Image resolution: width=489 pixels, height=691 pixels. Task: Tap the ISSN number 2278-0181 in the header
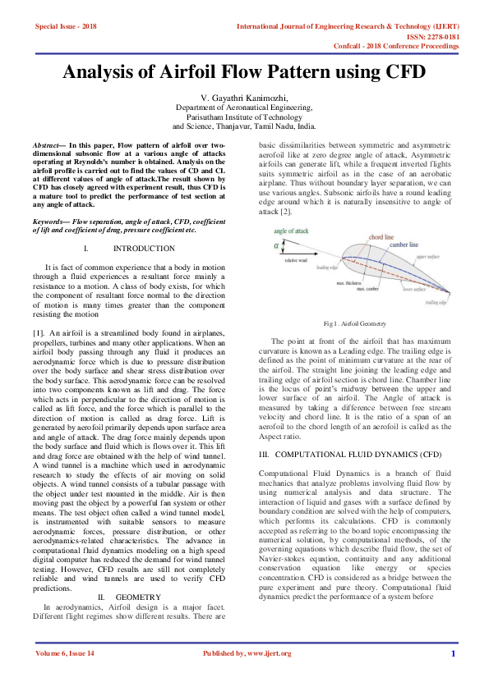pyautogui.click(x=441, y=37)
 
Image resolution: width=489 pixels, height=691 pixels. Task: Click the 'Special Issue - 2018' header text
pyautogui.click(x=66, y=26)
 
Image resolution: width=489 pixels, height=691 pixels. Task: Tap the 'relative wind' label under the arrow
pyautogui.click(x=296, y=260)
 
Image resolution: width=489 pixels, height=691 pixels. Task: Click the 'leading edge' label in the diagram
pyautogui.click(x=327, y=268)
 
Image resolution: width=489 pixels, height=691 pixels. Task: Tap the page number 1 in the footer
pyautogui.click(x=453, y=653)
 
